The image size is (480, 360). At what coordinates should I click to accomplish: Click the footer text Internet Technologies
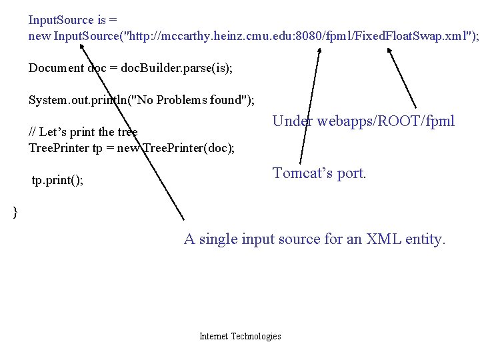click(x=240, y=336)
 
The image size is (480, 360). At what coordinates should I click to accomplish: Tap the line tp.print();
click(x=57, y=181)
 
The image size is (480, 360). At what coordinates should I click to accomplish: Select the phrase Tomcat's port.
click(x=319, y=173)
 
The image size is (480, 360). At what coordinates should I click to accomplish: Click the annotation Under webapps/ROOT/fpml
click(x=363, y=121)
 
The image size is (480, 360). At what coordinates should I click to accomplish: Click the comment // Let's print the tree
click(x=83, y=131)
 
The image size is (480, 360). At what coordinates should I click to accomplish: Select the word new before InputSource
click(x=39, y=36)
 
